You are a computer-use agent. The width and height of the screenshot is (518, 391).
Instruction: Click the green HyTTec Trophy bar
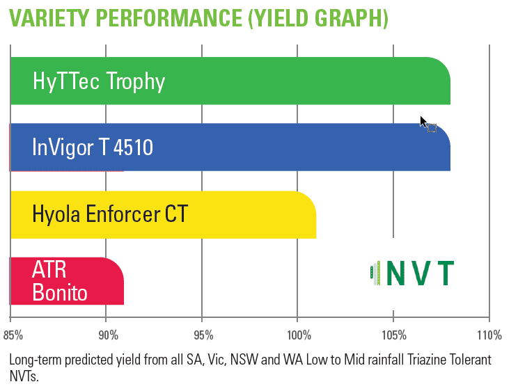(x=230, y=81)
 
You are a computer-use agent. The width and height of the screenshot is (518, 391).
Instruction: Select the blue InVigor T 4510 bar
(x=230, y=147)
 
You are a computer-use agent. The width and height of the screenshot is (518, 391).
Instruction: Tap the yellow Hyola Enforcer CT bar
(x=164, y=215)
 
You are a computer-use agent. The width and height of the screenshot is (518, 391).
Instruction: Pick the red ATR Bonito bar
(x=67, y=281)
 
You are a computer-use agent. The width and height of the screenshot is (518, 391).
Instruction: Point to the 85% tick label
(x=13, y=335)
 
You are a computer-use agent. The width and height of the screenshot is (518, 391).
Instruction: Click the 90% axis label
(x=109, y=335)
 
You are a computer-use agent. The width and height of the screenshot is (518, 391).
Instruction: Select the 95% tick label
(x=203, y=335)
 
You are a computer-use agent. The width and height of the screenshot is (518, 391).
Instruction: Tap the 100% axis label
(x=299, y=335)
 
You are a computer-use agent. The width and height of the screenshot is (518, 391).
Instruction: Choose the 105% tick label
(x=394, y=335)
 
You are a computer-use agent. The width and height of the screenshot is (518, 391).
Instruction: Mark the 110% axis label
(x=489, y=335)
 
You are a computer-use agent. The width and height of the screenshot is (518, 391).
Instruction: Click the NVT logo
(x=412, y=273)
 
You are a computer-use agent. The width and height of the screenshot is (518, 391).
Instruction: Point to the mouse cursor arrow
(x=424, y=122)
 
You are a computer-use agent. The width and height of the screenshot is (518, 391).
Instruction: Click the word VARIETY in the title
(x=49, y=18)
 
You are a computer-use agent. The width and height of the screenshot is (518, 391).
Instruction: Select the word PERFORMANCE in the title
(x=169, y=18)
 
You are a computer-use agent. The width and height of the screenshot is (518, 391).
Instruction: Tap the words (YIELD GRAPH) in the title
(x=318, y=19)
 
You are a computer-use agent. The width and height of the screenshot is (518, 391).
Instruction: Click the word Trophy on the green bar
(x=136, y=81)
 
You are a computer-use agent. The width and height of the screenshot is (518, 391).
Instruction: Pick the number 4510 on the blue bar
(x=134, y=147)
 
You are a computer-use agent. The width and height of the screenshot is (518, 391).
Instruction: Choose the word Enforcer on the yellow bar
(x=123, y=214)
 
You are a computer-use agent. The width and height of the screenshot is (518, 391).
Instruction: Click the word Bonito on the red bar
(x=60, y=293)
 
